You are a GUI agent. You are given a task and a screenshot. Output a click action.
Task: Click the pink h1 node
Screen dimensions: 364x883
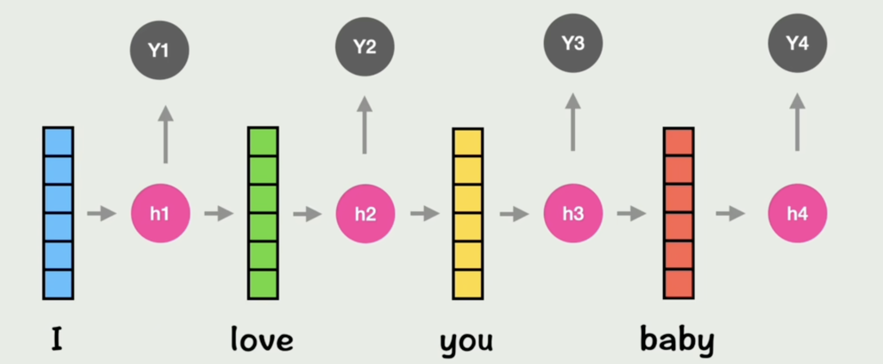coord(161,214)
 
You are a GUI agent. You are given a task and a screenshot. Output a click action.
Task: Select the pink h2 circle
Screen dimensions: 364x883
coord(366,214)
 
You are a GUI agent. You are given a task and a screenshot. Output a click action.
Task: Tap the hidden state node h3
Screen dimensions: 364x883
coord(573,214)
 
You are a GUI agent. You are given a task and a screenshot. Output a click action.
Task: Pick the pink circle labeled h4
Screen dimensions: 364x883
coord(797,214)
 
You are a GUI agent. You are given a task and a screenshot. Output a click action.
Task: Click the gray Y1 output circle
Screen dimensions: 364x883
coord(160,50)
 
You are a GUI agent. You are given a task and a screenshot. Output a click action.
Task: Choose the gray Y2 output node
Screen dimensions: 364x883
coord(365,47)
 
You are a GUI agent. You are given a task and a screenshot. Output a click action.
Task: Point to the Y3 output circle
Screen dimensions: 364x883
coord(573,43)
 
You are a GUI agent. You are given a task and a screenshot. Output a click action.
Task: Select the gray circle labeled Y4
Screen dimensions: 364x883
coord(797,43)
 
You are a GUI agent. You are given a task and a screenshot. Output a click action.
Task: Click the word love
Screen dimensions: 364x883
coord(262,340)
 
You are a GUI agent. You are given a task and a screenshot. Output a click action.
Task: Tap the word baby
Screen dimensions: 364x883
coord(677,340)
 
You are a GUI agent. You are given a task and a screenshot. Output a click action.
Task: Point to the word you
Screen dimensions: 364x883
coord(466,341)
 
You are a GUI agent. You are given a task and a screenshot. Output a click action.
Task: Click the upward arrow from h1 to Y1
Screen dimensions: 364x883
coord(165,134)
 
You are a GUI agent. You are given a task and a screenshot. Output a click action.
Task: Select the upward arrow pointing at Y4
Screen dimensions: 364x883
coord(797,122)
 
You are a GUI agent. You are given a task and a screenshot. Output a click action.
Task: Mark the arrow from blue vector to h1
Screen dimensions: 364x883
coord(101,213)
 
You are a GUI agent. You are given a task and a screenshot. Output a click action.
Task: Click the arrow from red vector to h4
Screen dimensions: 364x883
coord(730,213)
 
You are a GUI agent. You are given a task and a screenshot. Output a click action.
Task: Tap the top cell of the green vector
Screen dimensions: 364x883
coord(263,142)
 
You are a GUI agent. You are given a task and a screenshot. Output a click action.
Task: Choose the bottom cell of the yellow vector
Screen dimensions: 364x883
coord(468,284)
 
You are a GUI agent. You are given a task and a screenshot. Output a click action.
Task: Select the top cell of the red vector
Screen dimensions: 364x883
coord(678,142)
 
